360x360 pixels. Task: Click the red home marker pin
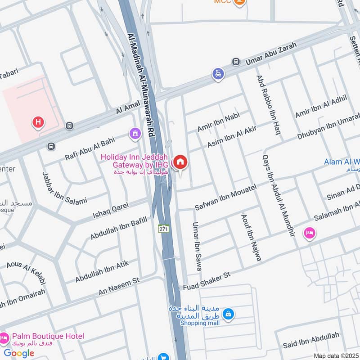pyautogui.click(x=180, y=162)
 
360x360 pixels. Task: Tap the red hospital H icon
pyautogui.click(x=38, y=121)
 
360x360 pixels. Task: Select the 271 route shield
pyautogui.click(x=163, y=229)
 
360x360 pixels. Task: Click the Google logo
pyautogui.click(x=19, y=353)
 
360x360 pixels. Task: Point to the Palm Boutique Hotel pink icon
pyautogui.click(x=4, y=337)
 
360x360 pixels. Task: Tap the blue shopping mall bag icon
pyautogui.click(x=229, y=313)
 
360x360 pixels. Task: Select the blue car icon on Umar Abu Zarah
pyautogui.click(x=218, y=73)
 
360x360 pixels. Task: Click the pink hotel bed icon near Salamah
pyautogui.click(x=310, y=233)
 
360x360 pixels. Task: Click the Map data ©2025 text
pyautogui.click(x=336, y=355)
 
